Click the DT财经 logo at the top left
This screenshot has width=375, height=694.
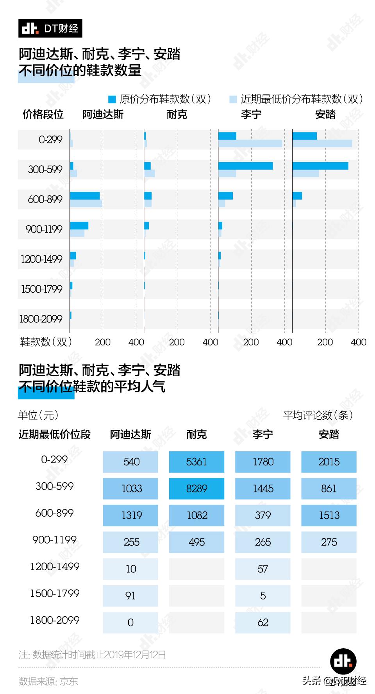tap(50, 28)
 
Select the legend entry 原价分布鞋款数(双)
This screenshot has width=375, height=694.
tap(160, 99)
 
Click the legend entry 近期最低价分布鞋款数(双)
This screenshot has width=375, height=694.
tap(297, 99)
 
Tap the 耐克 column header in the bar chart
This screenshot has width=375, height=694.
tap(177, 114)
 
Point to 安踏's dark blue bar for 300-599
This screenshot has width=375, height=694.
tap(320, 166)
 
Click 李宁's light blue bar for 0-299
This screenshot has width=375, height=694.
tap(250, 143)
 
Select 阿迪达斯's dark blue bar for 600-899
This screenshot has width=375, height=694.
tap(85, 196)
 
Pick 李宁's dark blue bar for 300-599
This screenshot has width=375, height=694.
tap(245, 166)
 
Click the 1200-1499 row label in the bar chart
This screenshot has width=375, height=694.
tap(41, 259)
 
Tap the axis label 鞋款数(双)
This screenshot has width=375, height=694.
tap(46, 342)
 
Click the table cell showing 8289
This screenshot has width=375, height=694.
tap(196, 488)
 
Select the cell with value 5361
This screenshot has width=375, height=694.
tap(196, 462)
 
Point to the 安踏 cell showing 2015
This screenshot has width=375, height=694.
tap(329, 462)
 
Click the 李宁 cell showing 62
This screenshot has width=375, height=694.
tap(263, 622)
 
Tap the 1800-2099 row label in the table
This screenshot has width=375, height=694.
tap(55, 620)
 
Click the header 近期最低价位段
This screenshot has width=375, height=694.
tap(54, 435)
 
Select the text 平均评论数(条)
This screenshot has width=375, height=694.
tap(318, 415)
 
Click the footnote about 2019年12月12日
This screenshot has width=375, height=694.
tap(92, 655)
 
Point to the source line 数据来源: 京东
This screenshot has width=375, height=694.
tap(48, 681)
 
